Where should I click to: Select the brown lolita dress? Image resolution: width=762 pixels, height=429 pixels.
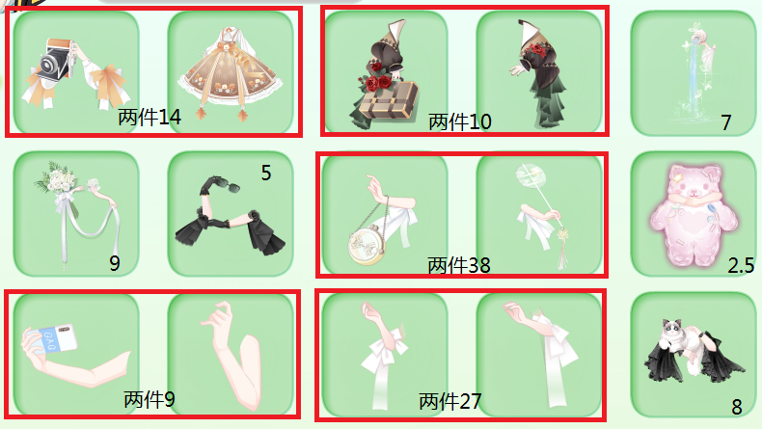click(231, 73)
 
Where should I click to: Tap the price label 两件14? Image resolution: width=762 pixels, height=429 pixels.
click(150, 117)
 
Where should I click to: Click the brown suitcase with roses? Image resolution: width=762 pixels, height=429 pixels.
click(388, 101)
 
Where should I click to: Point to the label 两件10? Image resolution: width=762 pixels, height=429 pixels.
click(460, 121)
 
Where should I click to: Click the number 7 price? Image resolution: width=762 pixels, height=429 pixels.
click(726, 122)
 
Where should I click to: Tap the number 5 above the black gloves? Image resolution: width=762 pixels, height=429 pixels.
click(266, 173)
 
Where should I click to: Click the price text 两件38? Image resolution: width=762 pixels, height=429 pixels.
click(459, 265)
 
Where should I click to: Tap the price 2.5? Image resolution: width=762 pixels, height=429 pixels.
click(741, 265)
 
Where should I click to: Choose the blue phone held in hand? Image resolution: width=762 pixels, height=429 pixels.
click(58, 337)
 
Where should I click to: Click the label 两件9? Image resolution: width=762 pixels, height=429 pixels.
click(150, 400)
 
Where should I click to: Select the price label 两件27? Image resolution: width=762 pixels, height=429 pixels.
click(450, 402)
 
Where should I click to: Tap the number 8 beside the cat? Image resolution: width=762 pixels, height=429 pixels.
click(737, 407)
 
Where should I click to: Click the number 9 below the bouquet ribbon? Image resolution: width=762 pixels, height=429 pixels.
click(114, 263)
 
